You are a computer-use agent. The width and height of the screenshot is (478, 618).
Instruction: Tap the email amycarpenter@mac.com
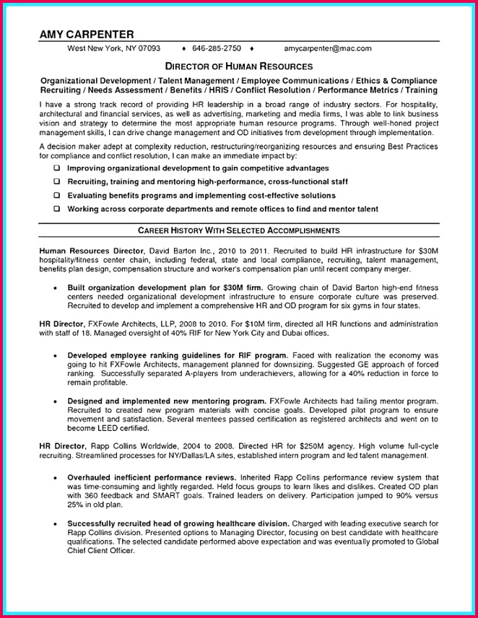(x=327, y=48)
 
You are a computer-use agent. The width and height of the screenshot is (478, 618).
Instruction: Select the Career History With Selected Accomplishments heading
(x=239, y=230)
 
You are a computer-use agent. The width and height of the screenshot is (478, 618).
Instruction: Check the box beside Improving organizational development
(x=56, y=168)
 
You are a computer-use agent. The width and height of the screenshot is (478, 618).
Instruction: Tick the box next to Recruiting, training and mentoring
(x=56, y=182)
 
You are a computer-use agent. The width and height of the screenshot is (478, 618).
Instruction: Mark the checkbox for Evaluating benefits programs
(x=56, y=196)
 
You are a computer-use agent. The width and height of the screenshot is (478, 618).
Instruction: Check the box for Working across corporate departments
(x=56, y=209)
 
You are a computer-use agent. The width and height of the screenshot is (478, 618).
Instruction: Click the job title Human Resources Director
(x=80, y=250)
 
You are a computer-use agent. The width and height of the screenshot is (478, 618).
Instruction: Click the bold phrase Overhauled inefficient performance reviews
(x=152, y=478)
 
